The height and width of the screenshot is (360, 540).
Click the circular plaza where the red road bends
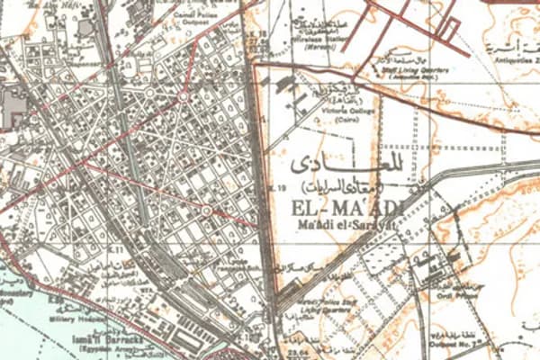[x=184, y=94]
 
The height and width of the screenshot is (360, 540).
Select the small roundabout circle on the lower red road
[x=206, y=211]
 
